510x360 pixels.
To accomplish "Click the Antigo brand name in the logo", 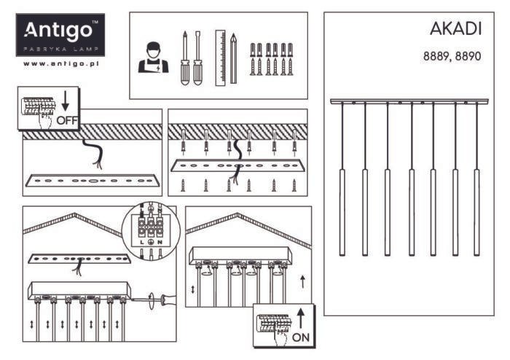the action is click(x=58, y=31).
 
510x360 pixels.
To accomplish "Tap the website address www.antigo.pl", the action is click(x=60, y=63).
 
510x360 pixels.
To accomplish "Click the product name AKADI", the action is click(x=455, y=29).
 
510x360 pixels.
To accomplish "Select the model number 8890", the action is click(x=468, y=56).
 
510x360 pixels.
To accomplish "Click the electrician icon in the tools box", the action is click(x=153, y=58).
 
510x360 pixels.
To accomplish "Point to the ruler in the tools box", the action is click(x=220, y=58).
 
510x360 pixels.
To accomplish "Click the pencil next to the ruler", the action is click(x=233, y=58).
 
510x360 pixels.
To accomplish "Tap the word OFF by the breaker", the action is click(x=67, y=121).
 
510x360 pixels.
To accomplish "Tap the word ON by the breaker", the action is click(x=301, y=337).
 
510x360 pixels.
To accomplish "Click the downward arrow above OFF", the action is click(x=66, y=101).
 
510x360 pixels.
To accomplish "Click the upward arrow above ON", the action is click(x=301, y=318).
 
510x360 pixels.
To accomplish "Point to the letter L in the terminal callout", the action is click(x=142, y=242).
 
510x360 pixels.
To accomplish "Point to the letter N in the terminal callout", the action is click(x=160, y=242).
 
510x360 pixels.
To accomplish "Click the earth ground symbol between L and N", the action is click(x=151, y=242).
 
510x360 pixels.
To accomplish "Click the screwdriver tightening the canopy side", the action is click(x=154, y=300).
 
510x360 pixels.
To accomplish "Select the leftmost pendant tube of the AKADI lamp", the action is click(x=342, y=212).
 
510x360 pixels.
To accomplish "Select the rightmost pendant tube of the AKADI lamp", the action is click(x=476, y=212).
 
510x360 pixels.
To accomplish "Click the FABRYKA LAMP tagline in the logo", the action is click(x=60, y=49).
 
